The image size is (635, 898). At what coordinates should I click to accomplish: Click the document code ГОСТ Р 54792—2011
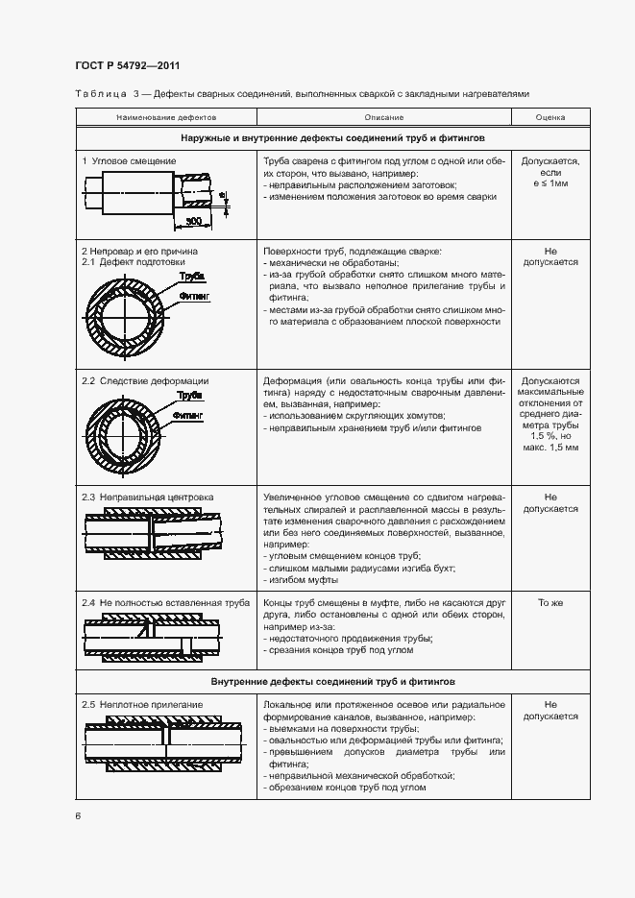pos(127,65)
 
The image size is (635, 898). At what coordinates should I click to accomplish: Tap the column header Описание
pos(383,116)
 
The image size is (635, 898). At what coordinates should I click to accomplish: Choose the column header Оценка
pos(550,116)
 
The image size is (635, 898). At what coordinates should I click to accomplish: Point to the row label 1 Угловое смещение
pos(129,160)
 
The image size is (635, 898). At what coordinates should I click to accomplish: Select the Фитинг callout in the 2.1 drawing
pos(195,297)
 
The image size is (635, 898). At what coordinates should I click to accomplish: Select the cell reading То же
pos(550,602)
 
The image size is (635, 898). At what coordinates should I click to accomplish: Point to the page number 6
pos(78,815)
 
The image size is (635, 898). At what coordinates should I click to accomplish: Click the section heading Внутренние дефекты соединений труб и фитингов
pos(332,681)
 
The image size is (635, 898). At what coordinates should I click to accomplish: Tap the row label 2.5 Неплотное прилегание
pos(142,705)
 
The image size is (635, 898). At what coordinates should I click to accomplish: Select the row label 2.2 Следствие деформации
pos(144,381)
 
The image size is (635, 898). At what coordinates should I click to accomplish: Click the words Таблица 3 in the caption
pos(101,94)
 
